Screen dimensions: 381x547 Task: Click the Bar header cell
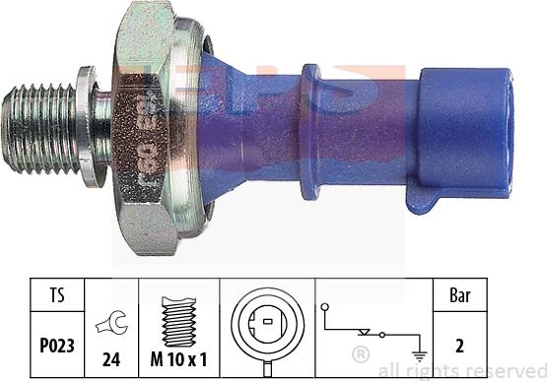[459, 295]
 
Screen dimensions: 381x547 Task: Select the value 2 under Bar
[459, 345]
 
